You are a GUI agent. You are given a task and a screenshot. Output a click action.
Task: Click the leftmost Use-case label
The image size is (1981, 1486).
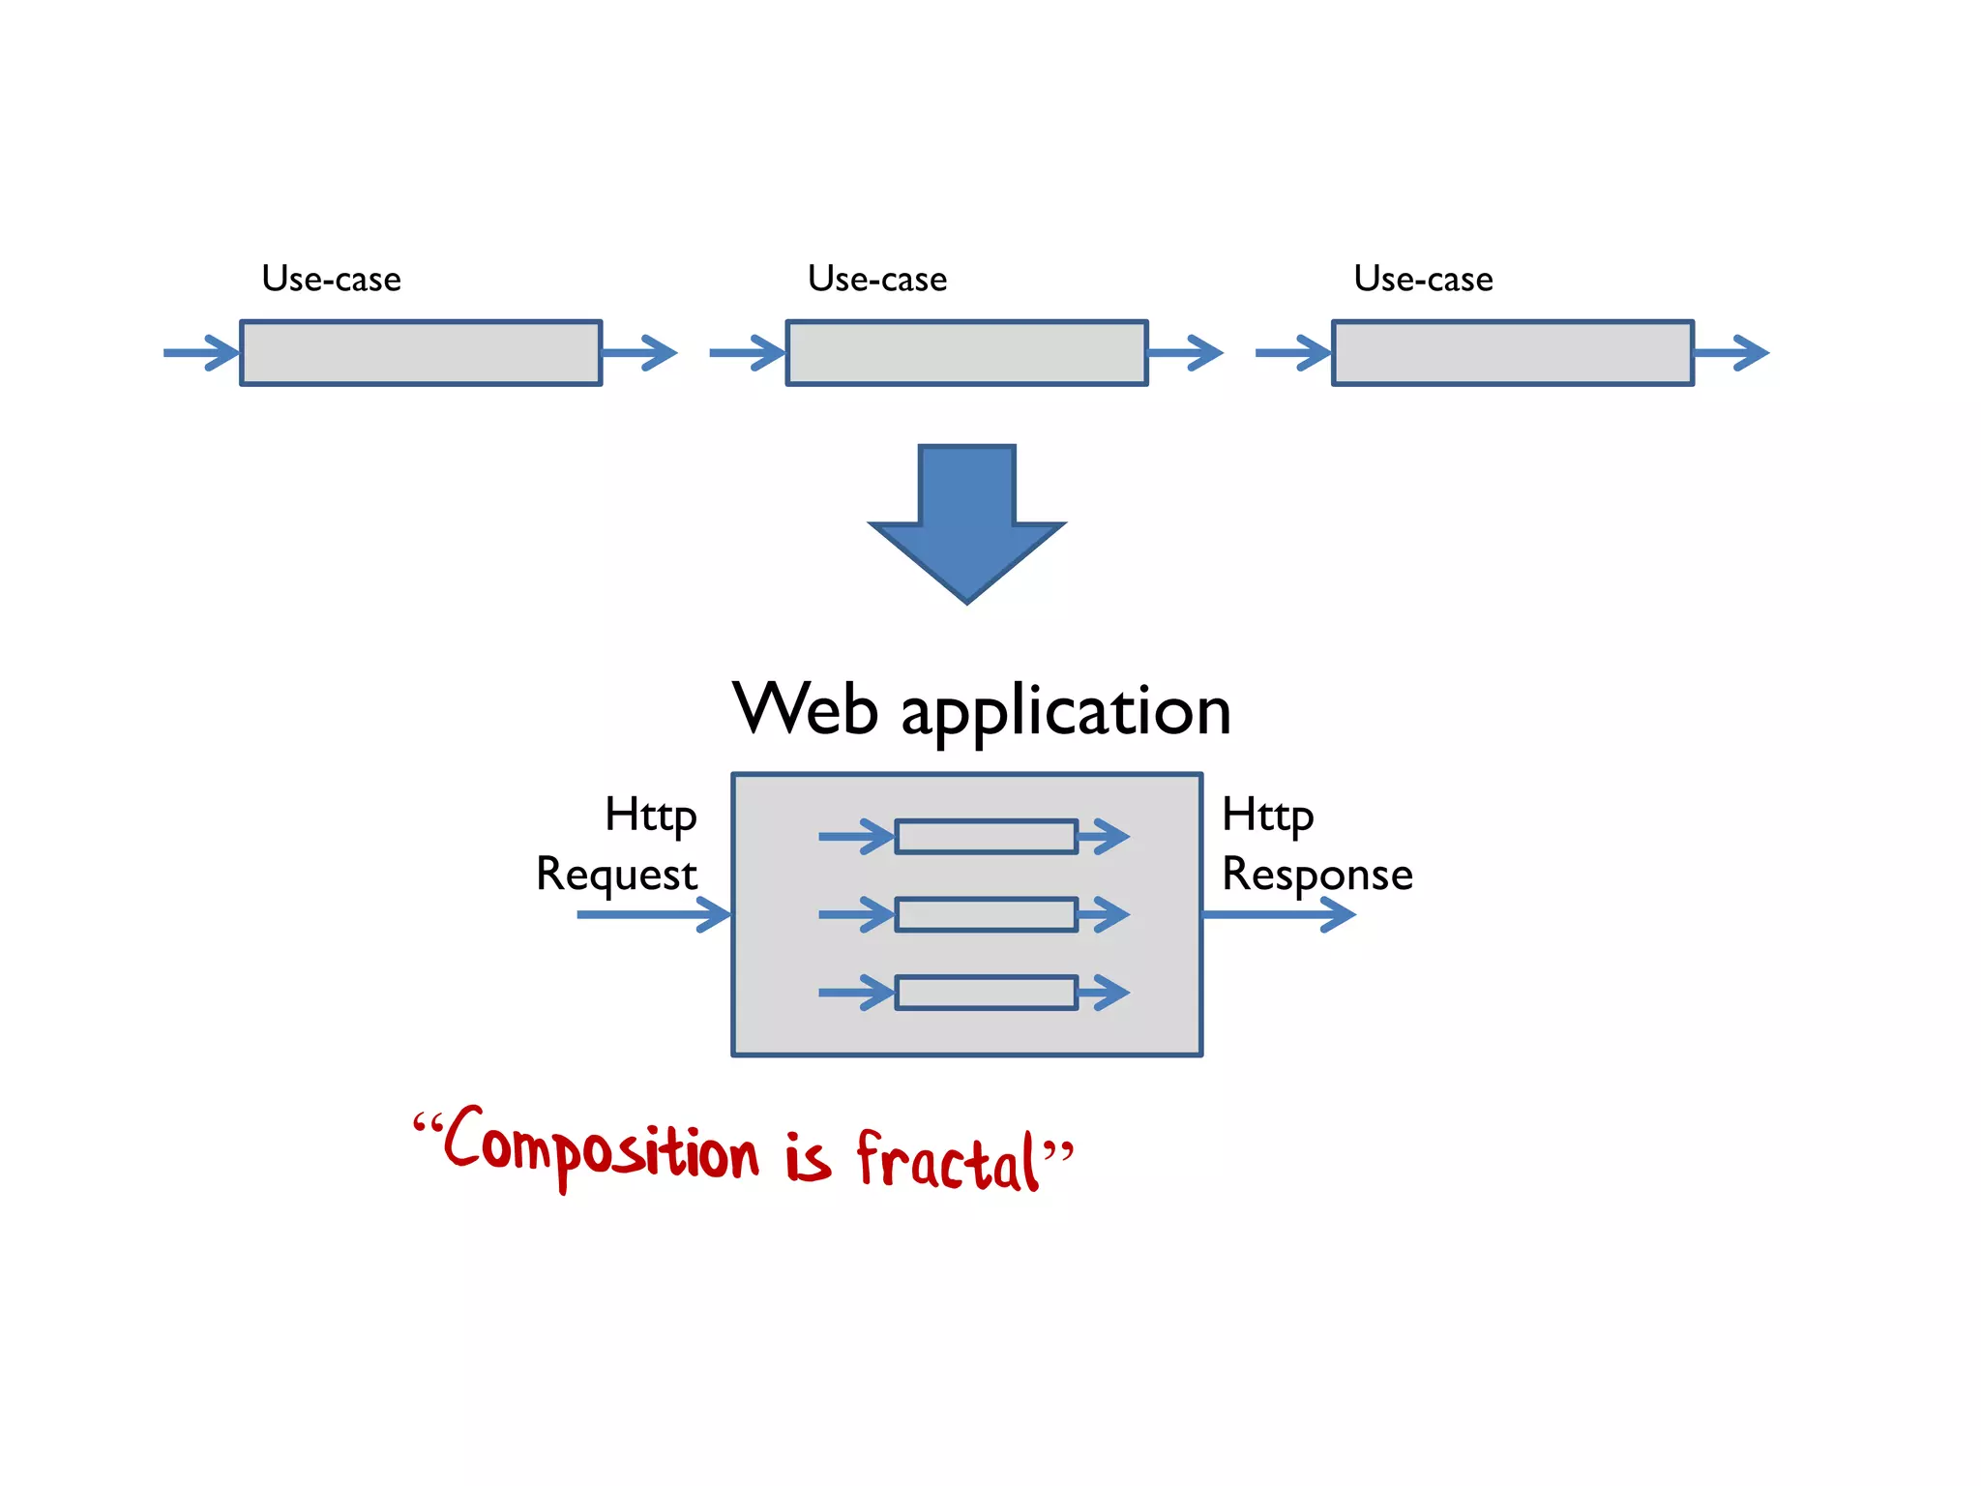click(331, 279)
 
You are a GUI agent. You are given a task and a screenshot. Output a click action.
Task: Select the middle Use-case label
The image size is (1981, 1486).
click(877, 279)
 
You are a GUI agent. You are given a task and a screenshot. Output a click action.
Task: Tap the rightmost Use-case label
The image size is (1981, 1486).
click(1423, 279)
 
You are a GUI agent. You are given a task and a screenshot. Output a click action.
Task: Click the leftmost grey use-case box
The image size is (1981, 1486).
click(421, 353)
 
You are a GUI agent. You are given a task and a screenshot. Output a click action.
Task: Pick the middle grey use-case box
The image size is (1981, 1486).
click(966, 353)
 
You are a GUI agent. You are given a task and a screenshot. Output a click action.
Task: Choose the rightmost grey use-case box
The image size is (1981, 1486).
click(1513, 353)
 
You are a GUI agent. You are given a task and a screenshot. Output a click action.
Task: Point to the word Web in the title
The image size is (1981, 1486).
click(805, 709)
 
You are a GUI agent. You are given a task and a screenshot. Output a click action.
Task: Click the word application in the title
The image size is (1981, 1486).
click(1066, 713)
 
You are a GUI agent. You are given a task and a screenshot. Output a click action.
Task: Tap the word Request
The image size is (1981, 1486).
click(616, 874)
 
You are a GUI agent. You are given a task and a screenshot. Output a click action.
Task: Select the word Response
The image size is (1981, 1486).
click(1316, 874)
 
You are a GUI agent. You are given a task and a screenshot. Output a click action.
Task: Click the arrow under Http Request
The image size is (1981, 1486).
click(653, 914)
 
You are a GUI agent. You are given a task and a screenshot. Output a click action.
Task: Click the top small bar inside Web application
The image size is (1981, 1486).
click(986, 837)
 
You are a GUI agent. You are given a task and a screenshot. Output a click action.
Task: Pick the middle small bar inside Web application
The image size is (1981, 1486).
click(986, 914)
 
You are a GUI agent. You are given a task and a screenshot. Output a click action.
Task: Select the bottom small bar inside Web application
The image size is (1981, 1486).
click(986, 993)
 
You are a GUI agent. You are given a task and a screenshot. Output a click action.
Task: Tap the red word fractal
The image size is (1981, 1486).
click(948, 1161)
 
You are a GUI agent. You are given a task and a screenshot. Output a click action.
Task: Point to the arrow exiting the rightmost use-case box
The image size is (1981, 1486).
click(1731, 353)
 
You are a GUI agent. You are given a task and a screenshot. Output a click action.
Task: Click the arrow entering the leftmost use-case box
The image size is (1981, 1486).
click(201, 353)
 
